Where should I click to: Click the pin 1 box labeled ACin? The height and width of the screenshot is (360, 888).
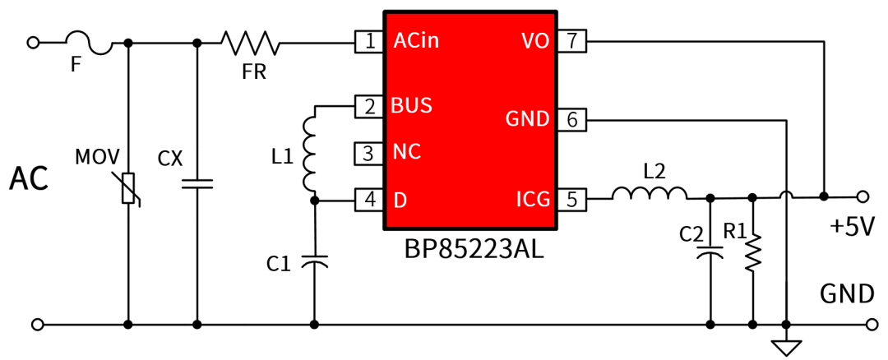point(369,41)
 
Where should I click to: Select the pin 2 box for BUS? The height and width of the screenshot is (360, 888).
point(369,106)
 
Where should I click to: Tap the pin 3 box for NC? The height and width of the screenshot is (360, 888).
point(369,153)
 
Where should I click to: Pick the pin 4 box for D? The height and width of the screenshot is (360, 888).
point(369,200)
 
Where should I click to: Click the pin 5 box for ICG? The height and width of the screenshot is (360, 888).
point(572,200)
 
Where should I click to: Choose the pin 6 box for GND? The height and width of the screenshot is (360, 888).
point(572,120)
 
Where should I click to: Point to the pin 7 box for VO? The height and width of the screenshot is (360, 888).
point(572,41)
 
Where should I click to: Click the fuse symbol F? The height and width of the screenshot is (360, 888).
point(89,42)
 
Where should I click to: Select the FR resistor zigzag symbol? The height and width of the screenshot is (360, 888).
point(250,42)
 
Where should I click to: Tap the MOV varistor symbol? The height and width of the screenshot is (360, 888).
point(127,188)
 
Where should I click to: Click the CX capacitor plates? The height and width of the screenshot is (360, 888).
point(197,184)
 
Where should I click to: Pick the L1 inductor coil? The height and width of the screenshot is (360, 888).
point(311,152)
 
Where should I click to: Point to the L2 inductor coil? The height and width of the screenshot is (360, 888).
point(650,194)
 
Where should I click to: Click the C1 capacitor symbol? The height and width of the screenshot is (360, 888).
point(314,262)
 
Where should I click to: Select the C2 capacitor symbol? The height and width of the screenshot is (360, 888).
point(710,254)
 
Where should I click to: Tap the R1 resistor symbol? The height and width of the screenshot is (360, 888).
point(752,252)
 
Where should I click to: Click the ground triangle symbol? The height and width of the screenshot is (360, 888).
point(787,348)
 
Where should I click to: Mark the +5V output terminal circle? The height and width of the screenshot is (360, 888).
point(863,196)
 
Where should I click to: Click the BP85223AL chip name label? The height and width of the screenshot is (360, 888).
point(474,249)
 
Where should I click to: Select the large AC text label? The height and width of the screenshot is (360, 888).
point(29,179)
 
